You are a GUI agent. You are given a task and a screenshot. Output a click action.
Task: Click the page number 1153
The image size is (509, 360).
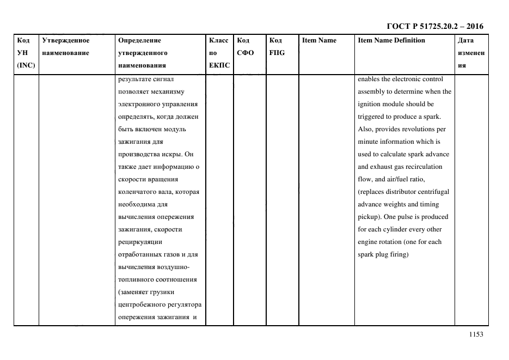coord(475,335)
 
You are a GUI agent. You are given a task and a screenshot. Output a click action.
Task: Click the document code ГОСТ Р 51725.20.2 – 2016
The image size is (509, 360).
coord(435,26)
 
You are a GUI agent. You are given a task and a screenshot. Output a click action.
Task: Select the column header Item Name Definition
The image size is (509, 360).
coord(391,40)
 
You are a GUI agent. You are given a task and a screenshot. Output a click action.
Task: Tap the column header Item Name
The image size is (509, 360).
coord(319,40)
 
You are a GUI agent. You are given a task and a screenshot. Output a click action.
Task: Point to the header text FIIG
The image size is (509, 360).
coord(277,53)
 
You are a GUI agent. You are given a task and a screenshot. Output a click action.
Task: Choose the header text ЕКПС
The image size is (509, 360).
coord(219,66)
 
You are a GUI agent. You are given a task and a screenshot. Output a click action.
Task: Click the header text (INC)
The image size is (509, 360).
coord(26,66)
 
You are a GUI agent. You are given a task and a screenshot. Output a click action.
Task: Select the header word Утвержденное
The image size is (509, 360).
coord(65,40)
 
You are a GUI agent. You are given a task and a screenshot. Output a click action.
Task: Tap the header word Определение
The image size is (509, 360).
coord(139,40)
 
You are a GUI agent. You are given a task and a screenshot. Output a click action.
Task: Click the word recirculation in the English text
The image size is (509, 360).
coord(423,167)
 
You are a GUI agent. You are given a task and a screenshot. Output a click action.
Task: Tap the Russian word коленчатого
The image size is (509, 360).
coord(139,192)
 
